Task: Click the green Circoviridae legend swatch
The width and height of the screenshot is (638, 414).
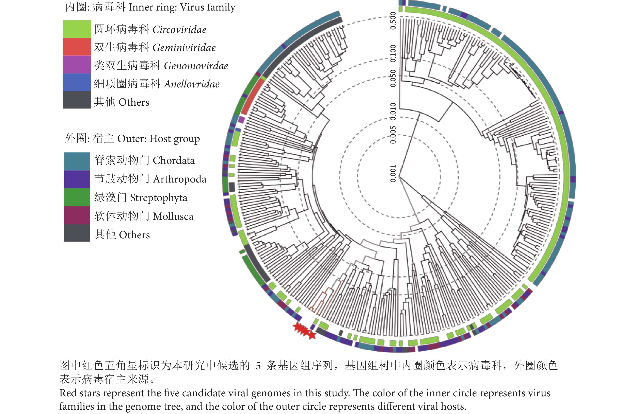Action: pyautogui.click(x=77, y=29)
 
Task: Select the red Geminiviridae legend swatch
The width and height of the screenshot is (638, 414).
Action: pyautogui.click(x=77, y=47)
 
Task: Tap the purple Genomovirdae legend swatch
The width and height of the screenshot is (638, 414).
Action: pyautogui.click(x=77, y=65)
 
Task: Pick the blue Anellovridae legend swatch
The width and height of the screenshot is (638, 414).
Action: pyautogui.click(x=77, y=82)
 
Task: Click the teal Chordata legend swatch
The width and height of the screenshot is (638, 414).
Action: pyautogui.click(x=77, y=161)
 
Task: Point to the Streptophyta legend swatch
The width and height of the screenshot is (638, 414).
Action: pyautogui.click(x=77, y=197)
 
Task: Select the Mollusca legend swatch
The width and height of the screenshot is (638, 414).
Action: pyautogui.click(x=77, y=215)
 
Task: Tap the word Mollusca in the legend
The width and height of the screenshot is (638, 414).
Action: pyautogui.click(x=173, y=216)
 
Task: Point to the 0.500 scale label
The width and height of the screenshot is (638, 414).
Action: pyautogui.click(x=393, y=21)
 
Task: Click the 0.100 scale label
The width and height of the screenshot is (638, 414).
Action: pyautogui.click(x=393, y=53)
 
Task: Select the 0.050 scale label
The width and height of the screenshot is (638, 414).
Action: pyautogui.click(x=393, y=78)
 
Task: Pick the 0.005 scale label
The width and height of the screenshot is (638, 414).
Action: pyautogui.click(x=393, y=135)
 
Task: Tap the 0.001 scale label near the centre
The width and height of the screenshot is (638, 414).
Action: pyautogui.click(x=393, y=174)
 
